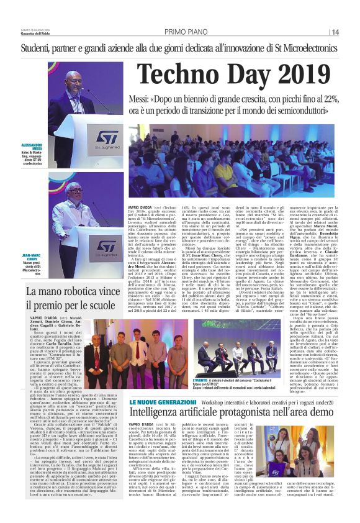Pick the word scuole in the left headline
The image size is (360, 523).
(x=101, y=306)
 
